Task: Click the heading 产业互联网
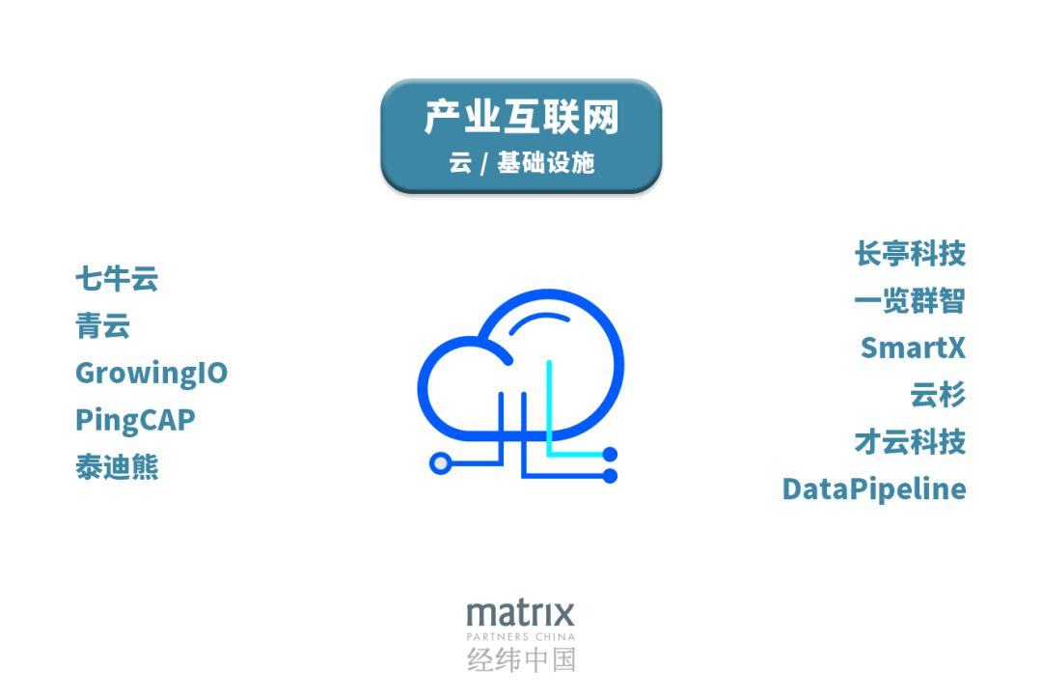(x=521, y=119)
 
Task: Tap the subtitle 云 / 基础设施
(x=521, y=162)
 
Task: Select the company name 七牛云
(x=117, y=279)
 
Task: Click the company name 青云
(x=102, y=326)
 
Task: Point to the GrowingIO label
(x=151, y=373)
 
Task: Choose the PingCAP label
(x=135, y=420)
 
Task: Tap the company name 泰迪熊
(x=117, y=467)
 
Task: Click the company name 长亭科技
(x=910, y=254)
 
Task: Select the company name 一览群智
(x=910, y=301)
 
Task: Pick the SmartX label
(x=913, y=348)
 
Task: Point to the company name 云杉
(x=938, y=395)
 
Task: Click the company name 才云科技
(x=910, y=442)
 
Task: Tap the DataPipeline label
(x=874, y=489)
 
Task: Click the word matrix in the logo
(x=520, y=613)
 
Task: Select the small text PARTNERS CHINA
(x=520, y=637)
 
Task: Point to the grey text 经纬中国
(x=521, y=660)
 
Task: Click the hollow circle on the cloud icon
(x=440, y=464)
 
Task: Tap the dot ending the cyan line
(x=610, y=454)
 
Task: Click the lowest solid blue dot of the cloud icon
(x=610, y=475)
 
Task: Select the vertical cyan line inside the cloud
(x=549, y=405)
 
